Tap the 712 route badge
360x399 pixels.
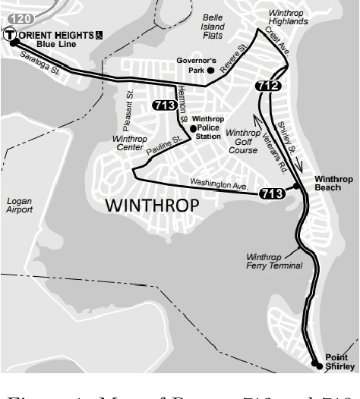[267, 86]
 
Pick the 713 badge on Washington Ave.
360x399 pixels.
[272, 194]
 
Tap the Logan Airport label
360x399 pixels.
[20, 205]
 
